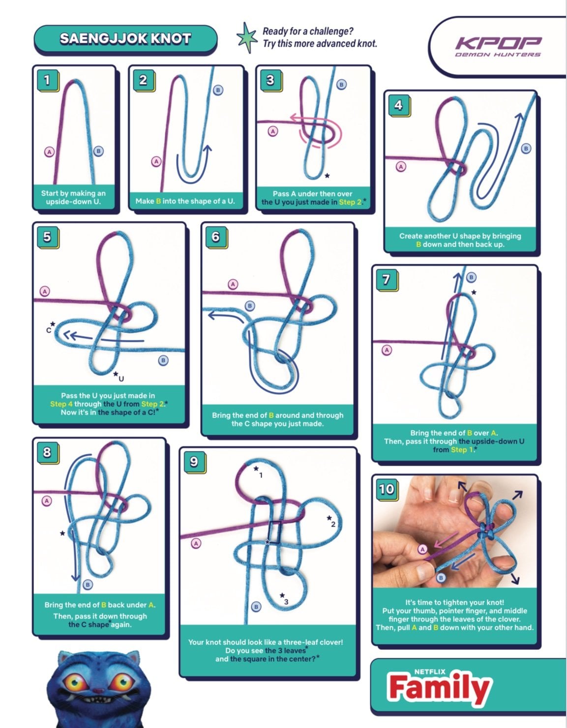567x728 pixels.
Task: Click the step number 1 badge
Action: coord(48,81)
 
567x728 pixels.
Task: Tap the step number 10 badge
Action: coord(387,489)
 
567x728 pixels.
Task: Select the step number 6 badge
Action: coord(216,237)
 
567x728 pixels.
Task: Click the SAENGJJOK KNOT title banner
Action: coord(125,39)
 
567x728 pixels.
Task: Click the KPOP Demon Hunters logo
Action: coord(498,47)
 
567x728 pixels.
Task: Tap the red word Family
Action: coord(439,688)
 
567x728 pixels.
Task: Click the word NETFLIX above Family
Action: coord(430,672)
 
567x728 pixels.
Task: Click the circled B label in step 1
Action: coord(98,151)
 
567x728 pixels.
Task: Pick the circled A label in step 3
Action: coord(272,131)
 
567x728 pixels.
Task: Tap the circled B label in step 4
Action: coord(526,148)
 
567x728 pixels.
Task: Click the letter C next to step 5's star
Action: coord(49,331)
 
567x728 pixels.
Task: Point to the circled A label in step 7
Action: coord(387,350)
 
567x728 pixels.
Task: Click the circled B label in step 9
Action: coord(256,607)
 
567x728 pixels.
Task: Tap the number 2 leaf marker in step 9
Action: coord(333,524)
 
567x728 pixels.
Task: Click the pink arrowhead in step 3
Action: coord(295,117)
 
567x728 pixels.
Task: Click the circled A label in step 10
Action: coord(422,549)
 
